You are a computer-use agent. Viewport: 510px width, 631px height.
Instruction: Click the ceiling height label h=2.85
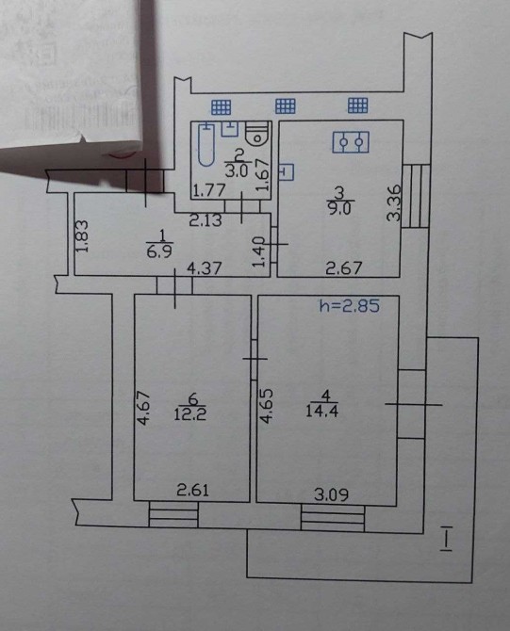[x=349, y=306]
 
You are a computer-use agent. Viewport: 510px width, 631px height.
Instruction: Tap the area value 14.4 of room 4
[x=321, y=412]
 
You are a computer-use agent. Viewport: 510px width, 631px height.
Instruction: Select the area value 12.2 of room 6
[x=190, y=413]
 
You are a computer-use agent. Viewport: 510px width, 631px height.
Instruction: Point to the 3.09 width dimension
[x=331, y=494]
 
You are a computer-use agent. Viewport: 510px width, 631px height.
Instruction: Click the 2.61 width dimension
[x=193, y=491]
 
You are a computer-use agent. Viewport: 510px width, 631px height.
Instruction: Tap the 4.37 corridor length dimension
[x=205, y=268]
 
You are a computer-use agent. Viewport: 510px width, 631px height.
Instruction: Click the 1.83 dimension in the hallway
[x=81, y=235]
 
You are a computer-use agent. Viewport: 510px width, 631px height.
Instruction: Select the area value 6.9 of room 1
[x=160, y=252]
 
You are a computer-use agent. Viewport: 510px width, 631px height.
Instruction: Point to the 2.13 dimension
[x=206, y=220]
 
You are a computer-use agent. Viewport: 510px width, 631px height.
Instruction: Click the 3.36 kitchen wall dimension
[x=394, y=202]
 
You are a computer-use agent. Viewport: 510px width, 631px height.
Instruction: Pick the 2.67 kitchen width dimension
[x=344, y=268]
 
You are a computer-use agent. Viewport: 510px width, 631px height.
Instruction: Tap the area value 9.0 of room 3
[x=340, y=208]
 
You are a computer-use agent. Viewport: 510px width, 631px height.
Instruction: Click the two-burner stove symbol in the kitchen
[x=351, y=142]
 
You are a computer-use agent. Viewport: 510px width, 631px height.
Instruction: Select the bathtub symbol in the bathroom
[x=206, y=144]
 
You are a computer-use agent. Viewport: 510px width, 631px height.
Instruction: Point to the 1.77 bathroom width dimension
[x=208, y=190]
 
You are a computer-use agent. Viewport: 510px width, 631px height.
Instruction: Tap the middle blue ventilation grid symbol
[x=286, y=105]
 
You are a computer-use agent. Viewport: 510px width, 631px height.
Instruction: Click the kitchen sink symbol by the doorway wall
[x=286, y=171]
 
